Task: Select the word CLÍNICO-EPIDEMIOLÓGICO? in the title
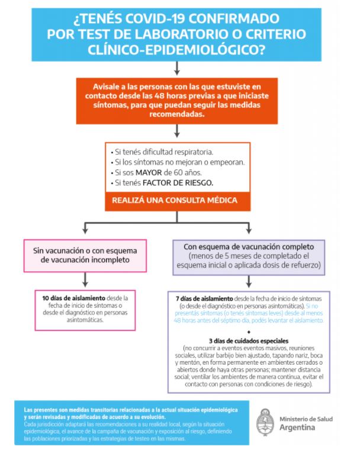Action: tap(176, 50)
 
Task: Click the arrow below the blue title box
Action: tap(177, 69)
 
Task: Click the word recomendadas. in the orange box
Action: tap(177, 114)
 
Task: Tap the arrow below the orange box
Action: tap(177, 131)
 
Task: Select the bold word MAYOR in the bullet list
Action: tap(149, 173)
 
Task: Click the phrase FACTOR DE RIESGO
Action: tap(178, 183)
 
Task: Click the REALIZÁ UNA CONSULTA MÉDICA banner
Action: tap(178, 201)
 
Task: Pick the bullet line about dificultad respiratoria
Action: tap(162, 152)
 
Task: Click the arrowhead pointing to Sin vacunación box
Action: tap(85, 230)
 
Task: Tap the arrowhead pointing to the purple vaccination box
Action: tap(249, 230)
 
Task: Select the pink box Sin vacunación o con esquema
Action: tap(85, 256)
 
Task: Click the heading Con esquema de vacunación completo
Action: tap(249, 247)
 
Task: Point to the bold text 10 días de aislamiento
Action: tap(73, 298)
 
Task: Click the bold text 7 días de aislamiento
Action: tap(204, 298)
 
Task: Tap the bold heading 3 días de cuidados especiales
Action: tap(249, 341)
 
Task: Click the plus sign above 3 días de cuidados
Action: tap(249, 332)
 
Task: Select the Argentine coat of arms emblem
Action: tap(265, 422)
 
